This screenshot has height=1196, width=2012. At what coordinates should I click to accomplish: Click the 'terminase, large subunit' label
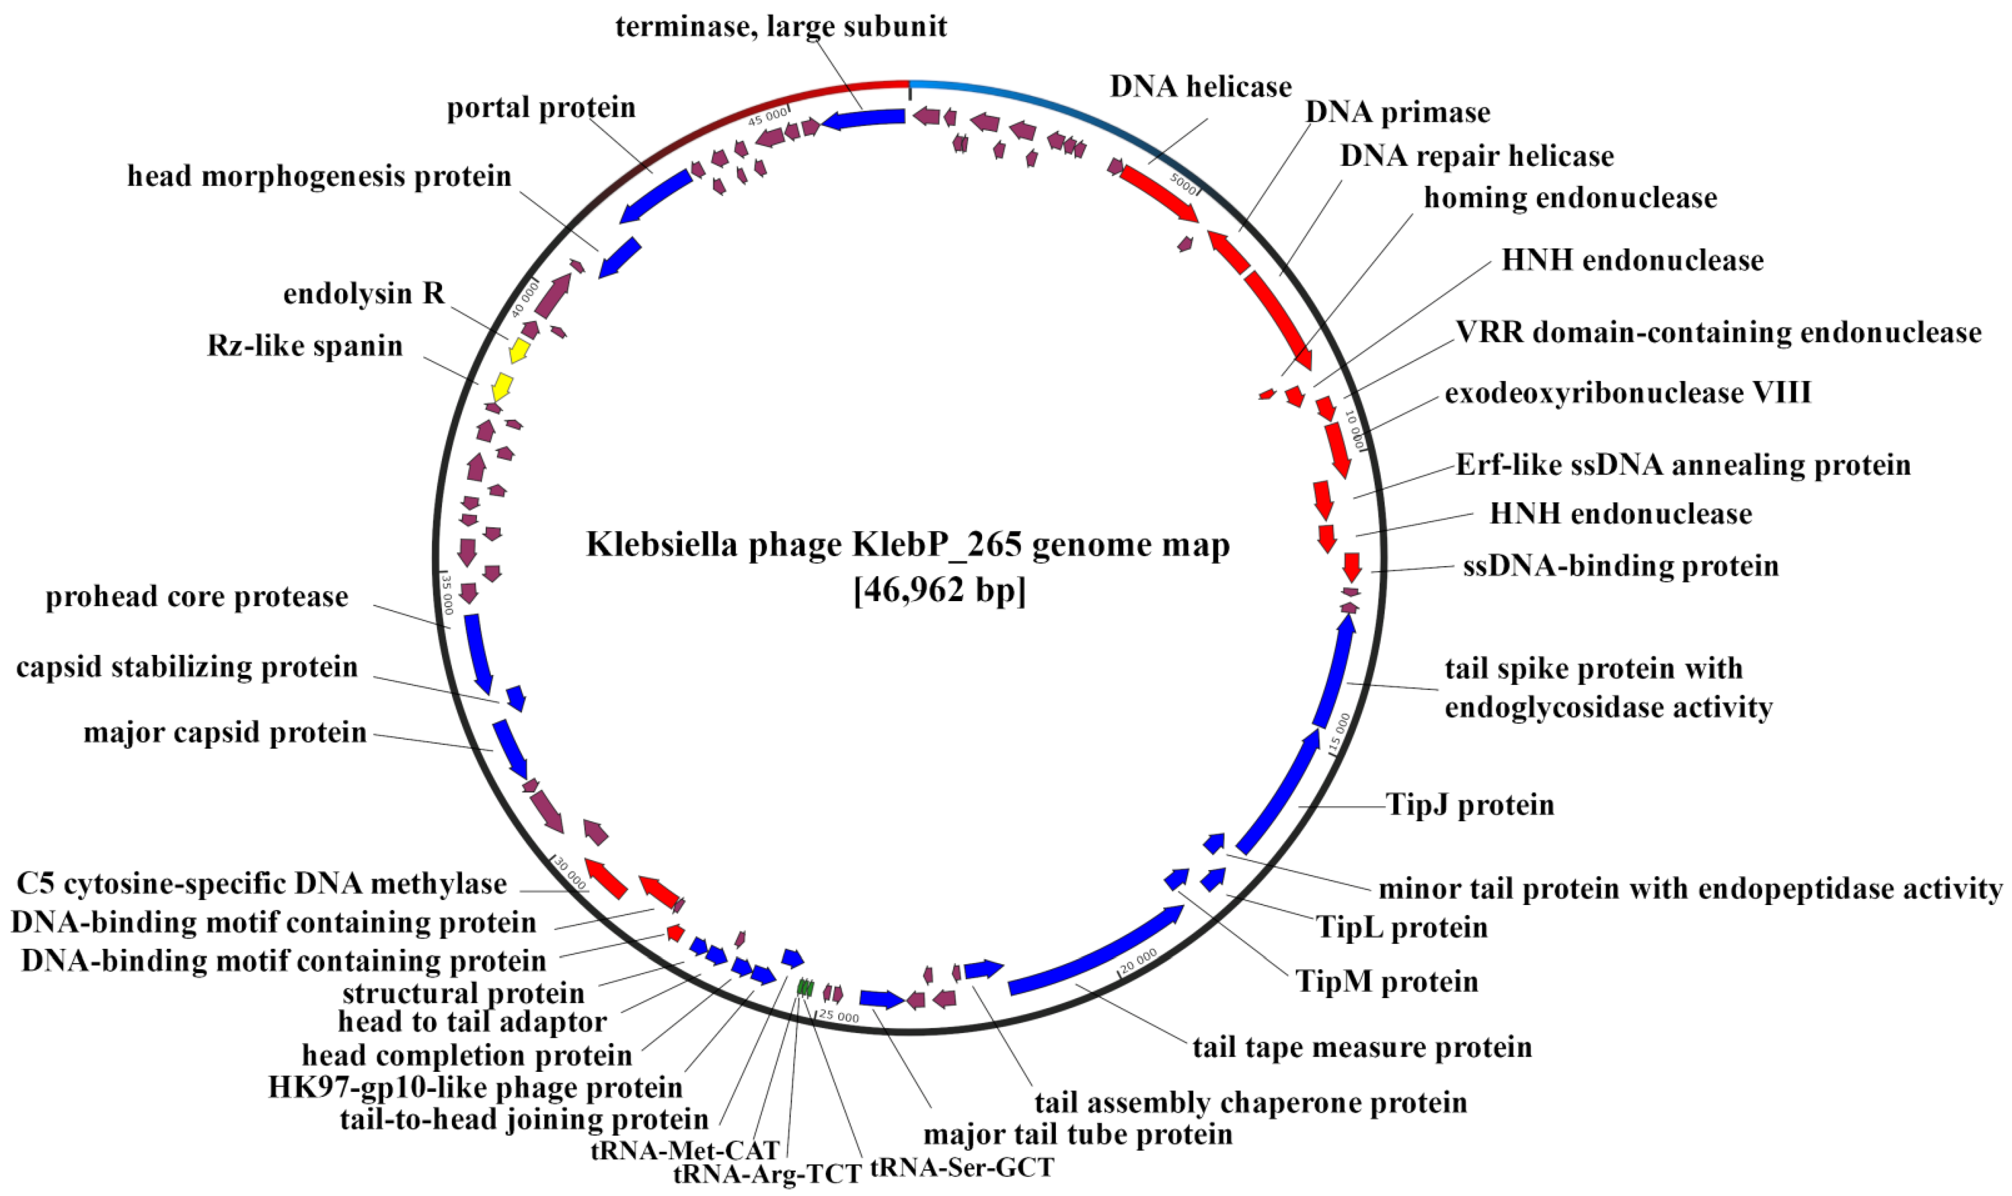[x=781, y=26]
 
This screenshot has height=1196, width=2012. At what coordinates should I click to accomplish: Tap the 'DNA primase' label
[x=1397, y=113]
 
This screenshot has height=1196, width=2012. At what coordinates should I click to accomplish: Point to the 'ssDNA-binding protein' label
[x=1620, y=566]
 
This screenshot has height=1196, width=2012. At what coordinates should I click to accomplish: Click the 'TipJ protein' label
[x=1470, y=805]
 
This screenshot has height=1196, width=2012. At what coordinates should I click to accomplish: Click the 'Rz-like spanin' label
[x=305, y=346]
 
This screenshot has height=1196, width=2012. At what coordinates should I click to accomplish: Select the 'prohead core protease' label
[x=197, y=597]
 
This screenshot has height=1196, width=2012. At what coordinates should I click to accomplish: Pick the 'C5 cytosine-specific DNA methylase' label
[x=261, y=884]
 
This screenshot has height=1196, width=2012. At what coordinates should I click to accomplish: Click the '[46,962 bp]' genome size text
[x=939, y=591]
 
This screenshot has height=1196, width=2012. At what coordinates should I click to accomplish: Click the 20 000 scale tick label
[x=1139, y=960]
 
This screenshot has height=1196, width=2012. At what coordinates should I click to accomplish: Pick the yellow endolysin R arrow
[x=519, y=350]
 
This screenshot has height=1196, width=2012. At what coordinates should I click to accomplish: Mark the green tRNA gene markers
[x=805, y=987]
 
